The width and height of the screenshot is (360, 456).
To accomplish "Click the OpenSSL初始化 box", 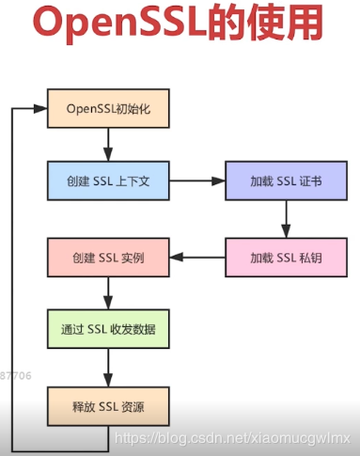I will tap(108, 108).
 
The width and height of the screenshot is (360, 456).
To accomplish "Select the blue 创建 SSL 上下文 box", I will tap(108, 181).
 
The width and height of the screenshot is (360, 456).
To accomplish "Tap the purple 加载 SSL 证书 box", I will tap(286, 181).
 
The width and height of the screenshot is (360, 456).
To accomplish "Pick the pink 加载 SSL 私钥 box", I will tap(286, 257).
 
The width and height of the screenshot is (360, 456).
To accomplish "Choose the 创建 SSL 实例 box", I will tap(108, 257).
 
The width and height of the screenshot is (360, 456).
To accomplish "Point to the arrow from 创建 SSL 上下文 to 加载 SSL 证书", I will tap(197, 181).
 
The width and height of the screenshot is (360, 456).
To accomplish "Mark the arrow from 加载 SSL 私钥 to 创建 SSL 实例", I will tap(197, 257).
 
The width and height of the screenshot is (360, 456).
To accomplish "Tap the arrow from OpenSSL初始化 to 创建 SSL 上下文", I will tap(108, 144).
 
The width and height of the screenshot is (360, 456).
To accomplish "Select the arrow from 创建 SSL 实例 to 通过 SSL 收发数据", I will tap(108, 292).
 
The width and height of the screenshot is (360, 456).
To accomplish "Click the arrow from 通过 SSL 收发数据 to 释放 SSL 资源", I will tap(108, 367).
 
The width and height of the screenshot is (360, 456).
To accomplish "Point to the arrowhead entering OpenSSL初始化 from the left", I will tap(40, 108).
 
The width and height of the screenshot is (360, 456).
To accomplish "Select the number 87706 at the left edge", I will tap(16, 375).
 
